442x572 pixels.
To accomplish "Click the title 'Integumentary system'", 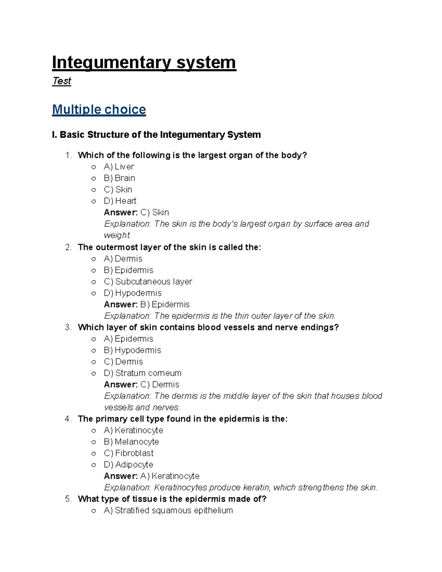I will (144, 62).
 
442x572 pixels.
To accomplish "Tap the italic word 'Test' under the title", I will (62, 81).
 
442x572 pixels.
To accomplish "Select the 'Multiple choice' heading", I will (99, 109).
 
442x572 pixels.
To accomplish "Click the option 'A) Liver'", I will (119, 166).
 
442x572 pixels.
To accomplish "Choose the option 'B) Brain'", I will (119, 178).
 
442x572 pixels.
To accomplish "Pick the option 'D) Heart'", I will (120, 201).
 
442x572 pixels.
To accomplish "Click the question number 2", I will (68, 247).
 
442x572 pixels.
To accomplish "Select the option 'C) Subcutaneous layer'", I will (148, 281).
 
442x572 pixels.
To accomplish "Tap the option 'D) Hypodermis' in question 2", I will (133, 293).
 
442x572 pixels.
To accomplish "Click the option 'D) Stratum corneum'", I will (143, 373).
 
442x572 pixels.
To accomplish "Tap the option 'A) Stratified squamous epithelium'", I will (168, 510).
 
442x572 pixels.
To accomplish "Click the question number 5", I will (68, 499).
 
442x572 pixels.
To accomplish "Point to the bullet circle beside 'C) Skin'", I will (94, 190).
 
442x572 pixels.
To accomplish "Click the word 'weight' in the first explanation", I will (117, 235).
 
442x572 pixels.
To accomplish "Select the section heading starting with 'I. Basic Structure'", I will (156, 135).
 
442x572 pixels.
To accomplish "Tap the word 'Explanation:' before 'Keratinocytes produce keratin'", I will (127, 487).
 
